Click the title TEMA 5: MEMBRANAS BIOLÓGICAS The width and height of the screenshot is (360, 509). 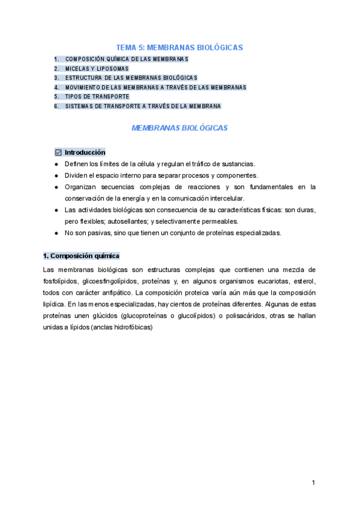179,47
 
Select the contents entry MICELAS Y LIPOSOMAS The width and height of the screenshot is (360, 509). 97,68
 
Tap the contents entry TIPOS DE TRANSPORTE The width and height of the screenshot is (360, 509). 97,97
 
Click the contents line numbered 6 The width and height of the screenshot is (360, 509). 143,106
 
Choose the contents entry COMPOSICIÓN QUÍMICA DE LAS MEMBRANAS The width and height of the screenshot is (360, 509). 127,59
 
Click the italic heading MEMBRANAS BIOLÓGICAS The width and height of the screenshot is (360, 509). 179,128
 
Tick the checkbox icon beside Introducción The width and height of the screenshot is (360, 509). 58,152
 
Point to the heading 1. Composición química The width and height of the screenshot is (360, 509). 82,255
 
